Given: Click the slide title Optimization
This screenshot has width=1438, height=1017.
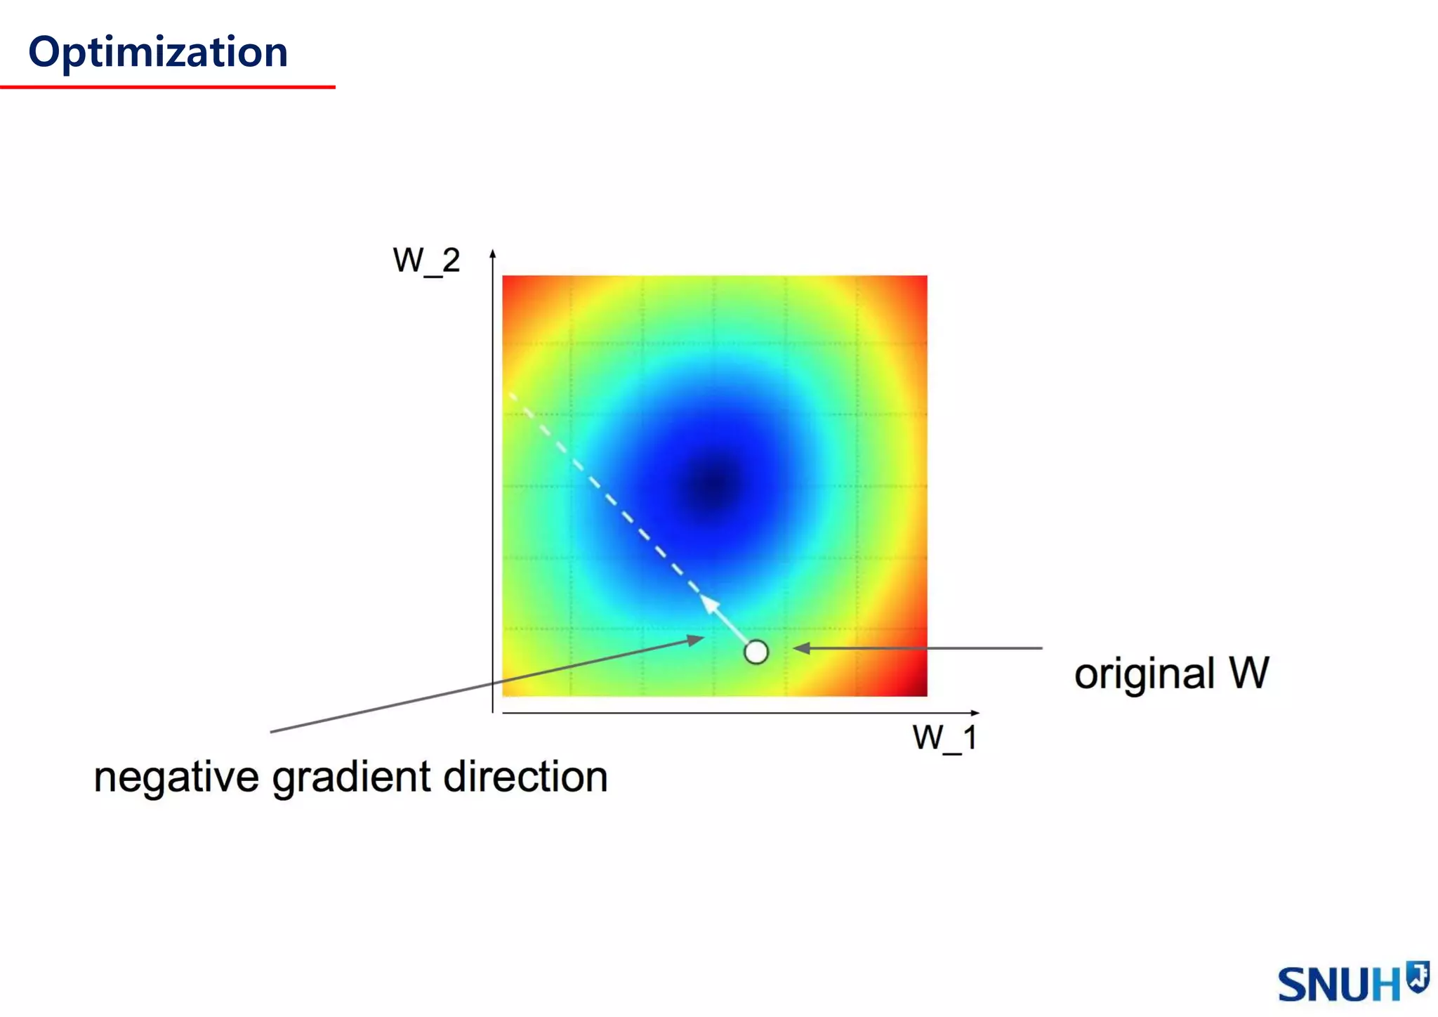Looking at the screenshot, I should (158, 53).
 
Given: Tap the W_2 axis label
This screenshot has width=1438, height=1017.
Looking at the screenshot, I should (426, 261).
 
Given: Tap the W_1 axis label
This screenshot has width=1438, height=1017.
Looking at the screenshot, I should (944, 738).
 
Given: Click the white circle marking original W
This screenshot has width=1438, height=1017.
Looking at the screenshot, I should (756, 652).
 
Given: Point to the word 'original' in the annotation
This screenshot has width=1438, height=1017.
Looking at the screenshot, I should (1144, 674).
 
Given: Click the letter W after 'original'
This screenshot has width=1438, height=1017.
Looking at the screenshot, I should (1249, 673).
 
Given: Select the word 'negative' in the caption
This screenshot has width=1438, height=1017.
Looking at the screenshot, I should (176, 777).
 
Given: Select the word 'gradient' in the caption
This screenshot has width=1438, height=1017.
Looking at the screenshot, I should (351, 779).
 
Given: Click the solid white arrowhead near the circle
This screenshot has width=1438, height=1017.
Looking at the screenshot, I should (711, 604).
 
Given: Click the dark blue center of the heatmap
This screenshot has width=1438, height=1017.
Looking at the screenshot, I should (714, 484).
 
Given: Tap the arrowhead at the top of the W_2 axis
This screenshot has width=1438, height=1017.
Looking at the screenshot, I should (493, 254).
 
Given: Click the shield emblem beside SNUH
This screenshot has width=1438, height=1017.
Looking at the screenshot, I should (1418, 976).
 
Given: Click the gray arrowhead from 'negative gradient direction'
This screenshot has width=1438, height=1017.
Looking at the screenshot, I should (696, 639).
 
